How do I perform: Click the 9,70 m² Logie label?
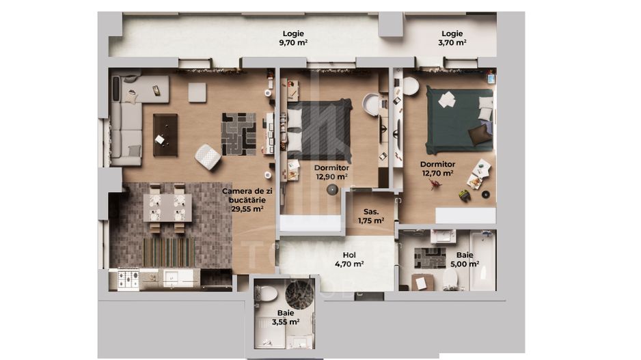pos(292,38)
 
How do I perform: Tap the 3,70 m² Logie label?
pos(452,38)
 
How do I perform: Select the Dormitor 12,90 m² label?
pos(331,171)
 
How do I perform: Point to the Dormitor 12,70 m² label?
pos(437,169)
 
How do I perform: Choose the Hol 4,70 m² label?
pos(349,259)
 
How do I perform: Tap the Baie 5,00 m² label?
pos(465,260)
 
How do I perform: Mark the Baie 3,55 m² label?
pos(285,317)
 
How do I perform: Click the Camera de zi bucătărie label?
pos(247,200)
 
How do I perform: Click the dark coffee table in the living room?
pos(165,135)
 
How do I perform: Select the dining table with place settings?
pos(167,208)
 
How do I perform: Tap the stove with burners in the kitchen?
pos(128,279)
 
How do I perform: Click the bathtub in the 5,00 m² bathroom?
pos(482,260)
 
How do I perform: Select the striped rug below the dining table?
pos(167,251)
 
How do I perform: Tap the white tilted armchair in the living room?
pos(208,157)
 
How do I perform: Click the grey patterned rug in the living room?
pos(238,134)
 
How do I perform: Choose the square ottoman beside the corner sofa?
pos(197,92)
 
